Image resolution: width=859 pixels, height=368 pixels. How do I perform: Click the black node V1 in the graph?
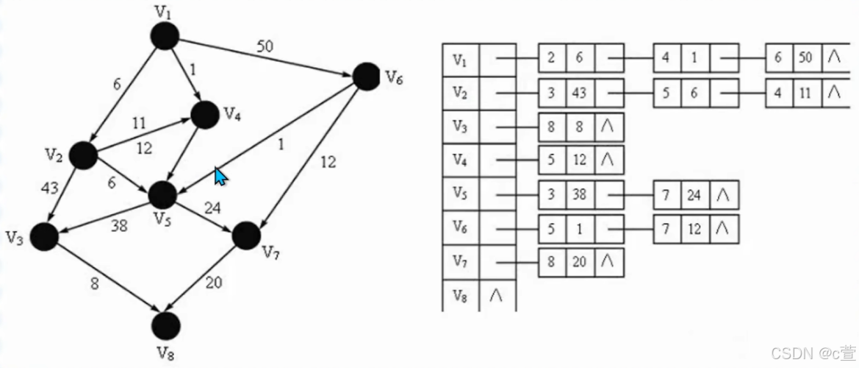tap(165, 35)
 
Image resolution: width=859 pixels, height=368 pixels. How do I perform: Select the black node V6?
tap(367, 77)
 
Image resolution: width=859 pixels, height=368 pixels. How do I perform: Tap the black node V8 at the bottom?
tap(167, 324)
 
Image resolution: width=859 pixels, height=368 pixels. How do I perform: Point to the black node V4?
tap(205, 114)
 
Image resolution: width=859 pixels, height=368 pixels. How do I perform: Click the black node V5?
tap(162, 195)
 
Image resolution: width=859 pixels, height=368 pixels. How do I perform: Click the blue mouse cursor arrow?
tap(220, 176)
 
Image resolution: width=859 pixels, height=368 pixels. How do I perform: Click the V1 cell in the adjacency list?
tap(461, 60)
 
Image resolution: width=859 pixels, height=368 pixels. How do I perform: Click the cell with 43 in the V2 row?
tap(581, 93)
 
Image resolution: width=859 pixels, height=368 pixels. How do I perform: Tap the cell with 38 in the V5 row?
tap(581, 195)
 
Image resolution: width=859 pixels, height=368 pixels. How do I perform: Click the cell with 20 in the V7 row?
tap(581, 262)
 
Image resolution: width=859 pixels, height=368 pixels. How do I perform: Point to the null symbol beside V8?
tap(497, 294)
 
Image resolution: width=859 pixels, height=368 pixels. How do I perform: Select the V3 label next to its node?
tap(15, 237)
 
